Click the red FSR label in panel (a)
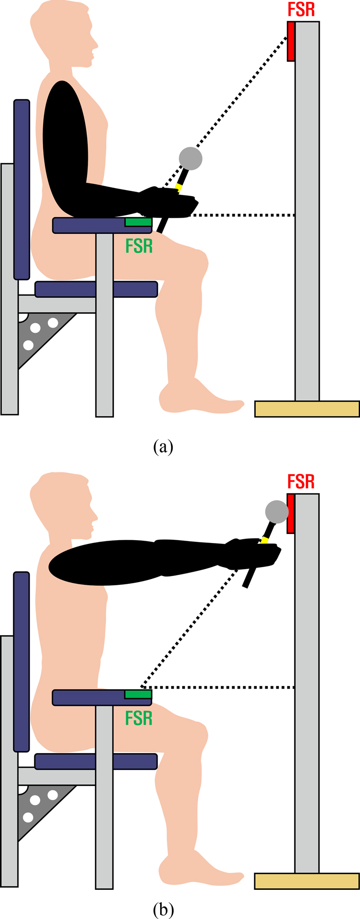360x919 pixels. [301, 10]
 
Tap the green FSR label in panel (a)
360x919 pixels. [139, 246]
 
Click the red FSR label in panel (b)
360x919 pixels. [301, 482]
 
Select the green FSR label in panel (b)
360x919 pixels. [139, 718]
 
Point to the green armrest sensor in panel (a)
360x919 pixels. [138, 222]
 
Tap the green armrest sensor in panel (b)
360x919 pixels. [138, 695]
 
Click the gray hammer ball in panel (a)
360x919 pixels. [191, 158]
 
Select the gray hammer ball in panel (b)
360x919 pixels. [276, 511]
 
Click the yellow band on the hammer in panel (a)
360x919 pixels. [179, 187]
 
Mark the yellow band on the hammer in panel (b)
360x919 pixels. [265, 539]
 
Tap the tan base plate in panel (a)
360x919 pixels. [307, 409]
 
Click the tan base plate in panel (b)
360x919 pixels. [307, 881]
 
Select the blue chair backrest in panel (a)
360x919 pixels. [22, 189]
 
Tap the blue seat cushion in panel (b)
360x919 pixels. [96, 761]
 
